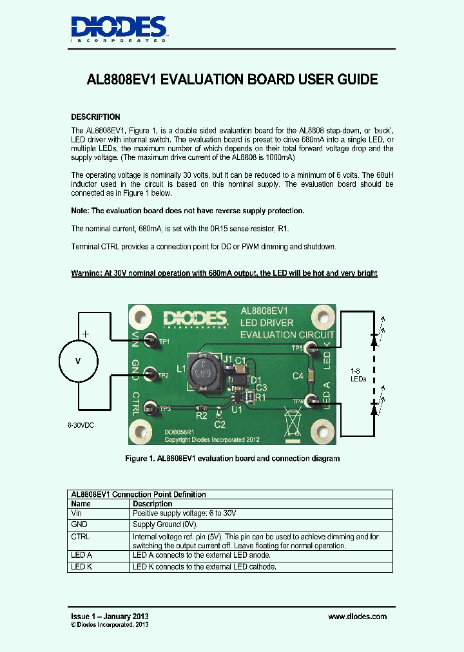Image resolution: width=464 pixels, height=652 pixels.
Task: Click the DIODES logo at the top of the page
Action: click(x=119, y=28)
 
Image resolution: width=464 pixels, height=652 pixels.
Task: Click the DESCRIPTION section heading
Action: click(x=95, y=117)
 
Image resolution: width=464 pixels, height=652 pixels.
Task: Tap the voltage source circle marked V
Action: click(x=79, y=361)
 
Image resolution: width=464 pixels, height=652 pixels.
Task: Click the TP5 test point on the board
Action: click(x=312, y=349)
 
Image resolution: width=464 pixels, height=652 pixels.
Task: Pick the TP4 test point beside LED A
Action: click(x=313, y=401)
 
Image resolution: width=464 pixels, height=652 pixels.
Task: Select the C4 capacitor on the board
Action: click(x=311, y=375)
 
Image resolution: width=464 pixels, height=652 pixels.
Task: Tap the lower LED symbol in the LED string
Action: click(x=374, y=407)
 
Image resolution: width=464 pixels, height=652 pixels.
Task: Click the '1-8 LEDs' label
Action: click(x=358, y=375)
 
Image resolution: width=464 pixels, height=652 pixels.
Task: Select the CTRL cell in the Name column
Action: click(x=81, y=537)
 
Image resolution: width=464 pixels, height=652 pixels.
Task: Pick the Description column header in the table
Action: click(x=152, y=504)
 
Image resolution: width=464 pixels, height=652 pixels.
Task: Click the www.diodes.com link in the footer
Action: click(x=357, y=617)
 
